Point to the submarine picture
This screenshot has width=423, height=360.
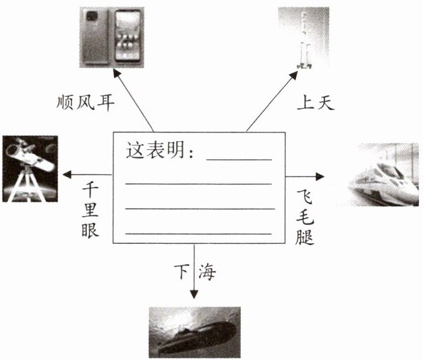coord(194,332)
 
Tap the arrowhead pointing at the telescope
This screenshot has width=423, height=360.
coord(66,176)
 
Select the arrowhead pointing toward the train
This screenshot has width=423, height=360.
coord(321,177)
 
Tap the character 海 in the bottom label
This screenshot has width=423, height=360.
coord(206,273)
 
